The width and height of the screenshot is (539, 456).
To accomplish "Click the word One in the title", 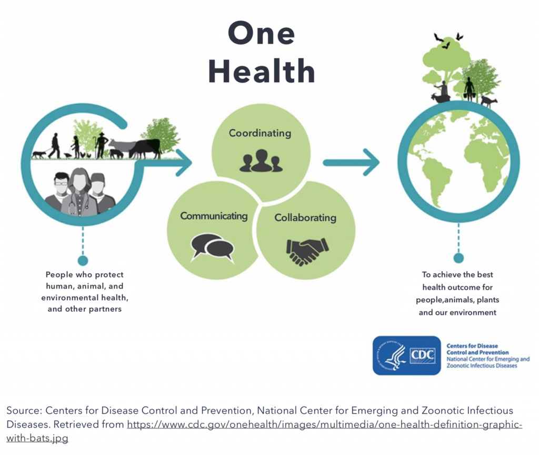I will (261, 34).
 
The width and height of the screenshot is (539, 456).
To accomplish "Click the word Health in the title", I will (261, 71).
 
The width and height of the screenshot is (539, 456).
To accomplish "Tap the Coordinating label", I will (259, 133).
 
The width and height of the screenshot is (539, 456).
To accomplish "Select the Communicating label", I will (214, 216).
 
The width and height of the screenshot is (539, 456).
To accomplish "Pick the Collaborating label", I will (305, 217).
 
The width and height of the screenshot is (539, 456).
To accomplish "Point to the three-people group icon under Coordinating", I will (261, 161).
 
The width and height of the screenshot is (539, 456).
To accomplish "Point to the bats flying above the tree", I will (447, 40).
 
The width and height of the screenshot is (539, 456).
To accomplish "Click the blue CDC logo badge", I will (406, 355).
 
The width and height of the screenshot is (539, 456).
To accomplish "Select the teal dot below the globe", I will (458, 258).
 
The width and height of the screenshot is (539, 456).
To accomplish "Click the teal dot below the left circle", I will (83, 260).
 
